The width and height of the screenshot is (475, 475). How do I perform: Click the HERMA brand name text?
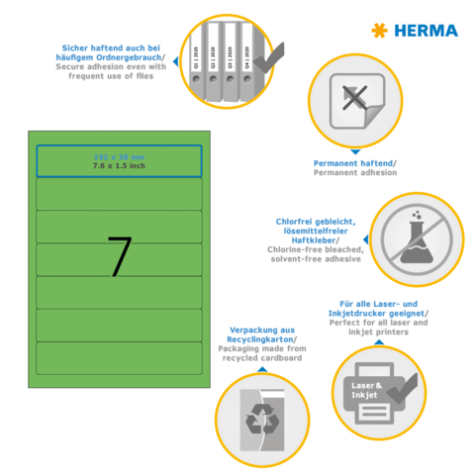pos(427,31)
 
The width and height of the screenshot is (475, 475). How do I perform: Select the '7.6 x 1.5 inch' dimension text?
pos(119,165)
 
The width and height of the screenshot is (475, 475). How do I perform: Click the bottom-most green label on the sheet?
pos(119,359)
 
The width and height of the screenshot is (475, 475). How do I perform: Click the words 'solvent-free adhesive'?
pos(318,258)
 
